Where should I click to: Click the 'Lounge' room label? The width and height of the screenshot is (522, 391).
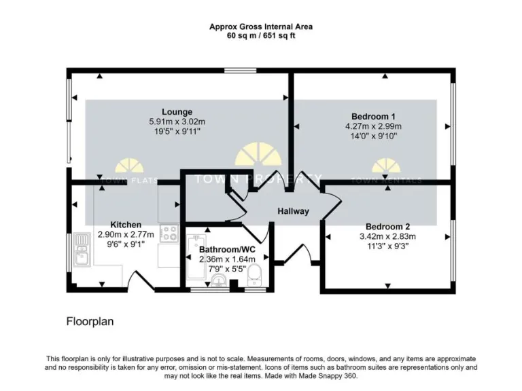pos(177,112)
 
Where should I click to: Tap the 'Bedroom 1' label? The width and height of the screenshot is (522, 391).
pos(373,116)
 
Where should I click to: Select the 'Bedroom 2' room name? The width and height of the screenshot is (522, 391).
pos(387,227)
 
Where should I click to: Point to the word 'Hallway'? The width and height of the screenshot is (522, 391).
pos(293,211)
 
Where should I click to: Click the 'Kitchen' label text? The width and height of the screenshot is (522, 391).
pos(126,225)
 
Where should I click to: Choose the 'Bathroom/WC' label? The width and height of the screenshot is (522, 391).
pos(226,249)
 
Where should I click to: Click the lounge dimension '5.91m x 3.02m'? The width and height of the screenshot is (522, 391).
pos(177,122)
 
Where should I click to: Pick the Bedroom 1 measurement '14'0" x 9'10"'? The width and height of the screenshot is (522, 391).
pos(373,136)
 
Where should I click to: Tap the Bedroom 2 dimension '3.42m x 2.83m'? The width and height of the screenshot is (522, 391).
pos(387,237)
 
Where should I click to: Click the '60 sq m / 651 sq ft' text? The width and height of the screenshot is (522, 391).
pos(261,36)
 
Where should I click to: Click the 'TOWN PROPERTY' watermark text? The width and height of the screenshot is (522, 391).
pos(258,180)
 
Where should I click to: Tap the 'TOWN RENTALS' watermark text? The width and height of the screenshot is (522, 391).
pos(385,181)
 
